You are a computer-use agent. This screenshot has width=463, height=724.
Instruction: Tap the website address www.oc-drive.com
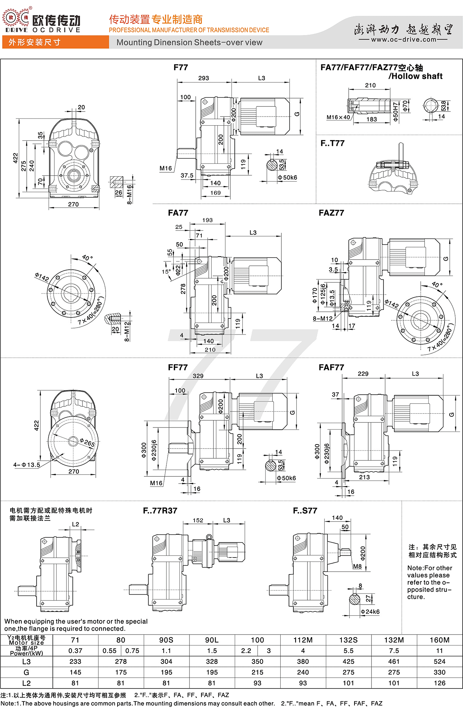pos(404,39)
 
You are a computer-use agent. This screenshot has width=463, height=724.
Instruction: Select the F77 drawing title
pos(180,68)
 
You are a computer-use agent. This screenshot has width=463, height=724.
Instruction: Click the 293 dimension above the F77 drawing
pos(204,78)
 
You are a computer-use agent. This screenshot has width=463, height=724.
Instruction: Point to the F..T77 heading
pos(332,143)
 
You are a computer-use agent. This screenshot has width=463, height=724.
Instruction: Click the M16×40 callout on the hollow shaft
pos(338,117)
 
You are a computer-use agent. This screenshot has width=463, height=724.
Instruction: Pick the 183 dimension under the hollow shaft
pos(371,119)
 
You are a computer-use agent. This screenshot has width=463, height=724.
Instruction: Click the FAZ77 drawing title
pos(331,213)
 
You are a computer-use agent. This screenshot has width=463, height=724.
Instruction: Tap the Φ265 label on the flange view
pos(87,443)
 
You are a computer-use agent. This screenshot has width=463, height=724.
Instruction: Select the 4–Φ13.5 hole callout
pos(27,465)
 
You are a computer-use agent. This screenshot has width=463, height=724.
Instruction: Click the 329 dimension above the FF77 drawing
pos(198,376)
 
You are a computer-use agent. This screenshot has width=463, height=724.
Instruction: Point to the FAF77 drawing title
pos(331,367)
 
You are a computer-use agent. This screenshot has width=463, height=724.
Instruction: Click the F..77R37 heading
pos(160,511)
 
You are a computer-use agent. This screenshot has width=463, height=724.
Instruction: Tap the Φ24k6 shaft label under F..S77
pos(370,612)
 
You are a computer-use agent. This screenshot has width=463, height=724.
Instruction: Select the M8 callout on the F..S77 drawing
pos(357,567)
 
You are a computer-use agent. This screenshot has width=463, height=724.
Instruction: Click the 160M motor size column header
pos(439,640)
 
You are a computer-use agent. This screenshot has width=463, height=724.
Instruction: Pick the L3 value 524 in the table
pos(439,662)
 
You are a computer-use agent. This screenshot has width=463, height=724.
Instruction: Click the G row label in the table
pos(26,673)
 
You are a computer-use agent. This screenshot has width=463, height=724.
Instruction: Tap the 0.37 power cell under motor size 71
pos(75,651)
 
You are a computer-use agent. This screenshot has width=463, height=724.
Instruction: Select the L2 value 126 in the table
pos(439,683)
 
